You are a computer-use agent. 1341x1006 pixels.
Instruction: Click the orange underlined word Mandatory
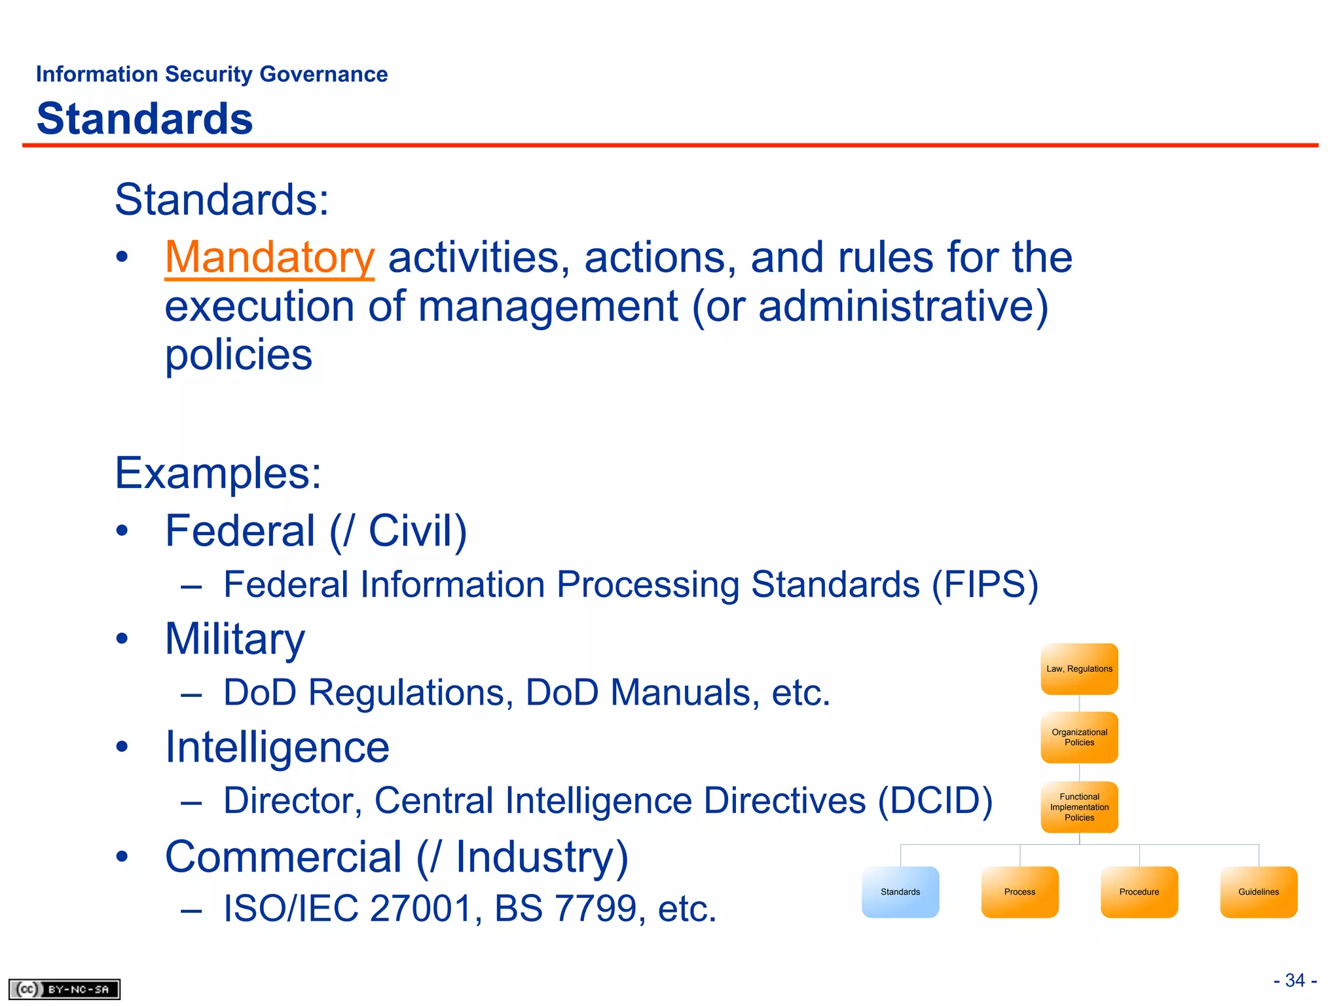269,257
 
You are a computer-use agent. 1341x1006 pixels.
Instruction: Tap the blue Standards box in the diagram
900,892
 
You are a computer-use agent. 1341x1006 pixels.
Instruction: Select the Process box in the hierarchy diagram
1020,892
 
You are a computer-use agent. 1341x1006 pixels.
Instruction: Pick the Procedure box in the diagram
1139,892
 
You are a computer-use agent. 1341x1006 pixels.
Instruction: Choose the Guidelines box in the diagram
1258,892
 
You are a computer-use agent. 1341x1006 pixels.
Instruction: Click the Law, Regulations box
1079,669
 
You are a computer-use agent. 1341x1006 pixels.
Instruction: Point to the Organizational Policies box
1079,737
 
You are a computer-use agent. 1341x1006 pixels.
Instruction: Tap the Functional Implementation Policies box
1079,807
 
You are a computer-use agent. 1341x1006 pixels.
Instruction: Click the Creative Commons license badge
64,989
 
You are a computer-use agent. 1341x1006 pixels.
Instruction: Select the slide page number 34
1295,980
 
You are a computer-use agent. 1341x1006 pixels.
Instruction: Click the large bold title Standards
145,119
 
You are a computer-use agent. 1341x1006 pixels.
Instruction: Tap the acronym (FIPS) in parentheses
985,584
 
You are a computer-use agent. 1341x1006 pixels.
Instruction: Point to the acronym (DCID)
935,800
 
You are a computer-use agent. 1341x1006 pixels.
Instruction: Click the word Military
235,639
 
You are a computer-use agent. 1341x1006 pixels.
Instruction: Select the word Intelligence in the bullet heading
277,747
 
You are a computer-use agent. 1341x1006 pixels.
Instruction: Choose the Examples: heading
218,473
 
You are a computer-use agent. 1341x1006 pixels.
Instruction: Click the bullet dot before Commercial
122,857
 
